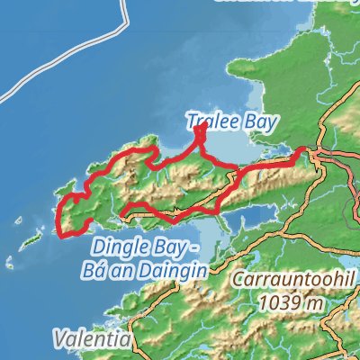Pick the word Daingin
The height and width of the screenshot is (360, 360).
pyautogui.click(x=176, y=268)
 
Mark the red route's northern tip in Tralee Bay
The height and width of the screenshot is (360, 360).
pyautogui.click(x=200, y=128)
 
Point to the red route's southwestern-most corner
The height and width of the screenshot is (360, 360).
pyautogui.click(x=62, y=236)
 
